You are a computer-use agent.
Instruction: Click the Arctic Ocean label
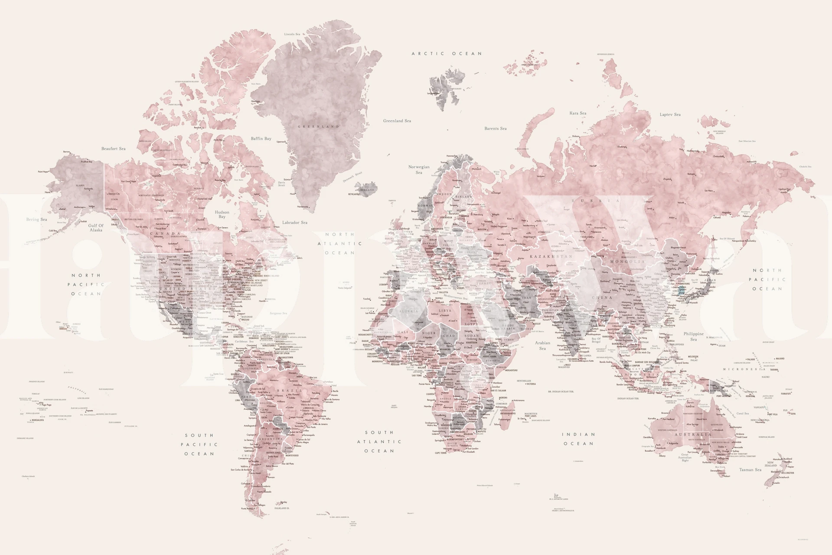(x=447, y=54)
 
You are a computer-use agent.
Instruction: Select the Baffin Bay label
(x=261, y=139)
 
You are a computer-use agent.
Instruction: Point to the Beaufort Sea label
(x=114, y=149)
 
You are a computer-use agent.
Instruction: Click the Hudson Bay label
(x=222, y=214)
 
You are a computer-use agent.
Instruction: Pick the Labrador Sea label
(x=295, y=222)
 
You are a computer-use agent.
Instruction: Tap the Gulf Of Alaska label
(x=96, y=228)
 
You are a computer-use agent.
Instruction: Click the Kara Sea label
(x=578, y=113)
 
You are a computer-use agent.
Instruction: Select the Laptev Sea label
(x=670, y=114)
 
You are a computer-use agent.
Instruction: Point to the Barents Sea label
(x=495, y=128)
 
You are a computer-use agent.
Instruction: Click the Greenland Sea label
(x=397, y=121)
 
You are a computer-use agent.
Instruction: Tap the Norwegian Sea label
(x=419, y=170)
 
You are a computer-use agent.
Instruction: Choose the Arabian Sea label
(x=542, y=345)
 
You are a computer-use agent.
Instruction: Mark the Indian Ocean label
(x=578, y=439)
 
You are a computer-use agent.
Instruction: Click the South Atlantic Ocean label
(x=379, y=441)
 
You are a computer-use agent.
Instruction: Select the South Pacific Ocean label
(x=199, y=444)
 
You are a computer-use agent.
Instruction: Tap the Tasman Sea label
(x=750, y=470)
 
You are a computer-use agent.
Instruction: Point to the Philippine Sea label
(x=694, y=336)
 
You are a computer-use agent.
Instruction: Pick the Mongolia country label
(x=628, y=262)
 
